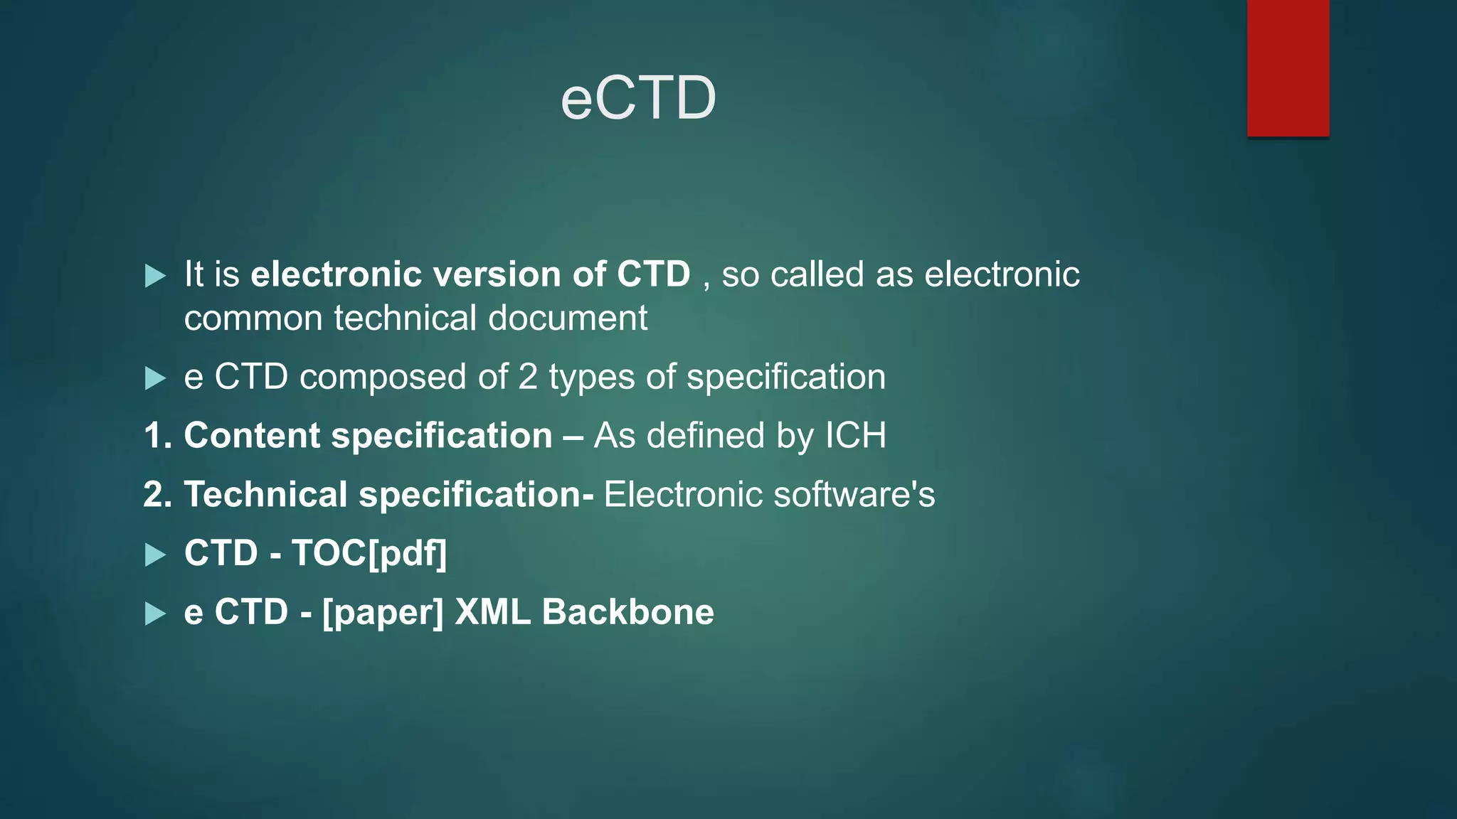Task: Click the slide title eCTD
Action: [x=638, y=98]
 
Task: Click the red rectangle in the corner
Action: [x=1288, y=68]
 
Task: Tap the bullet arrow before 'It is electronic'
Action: [x=155, y=276]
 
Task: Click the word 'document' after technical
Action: [x=568, y=318]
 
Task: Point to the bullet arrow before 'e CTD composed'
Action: [x=155, y=378]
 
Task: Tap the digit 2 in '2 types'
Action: [x=527, y=377]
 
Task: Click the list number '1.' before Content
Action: [x=158, y=435]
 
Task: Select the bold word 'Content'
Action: [x=252, y=435]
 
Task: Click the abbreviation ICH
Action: [x=855, y=435]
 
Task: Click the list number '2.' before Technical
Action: [x=158, y=494]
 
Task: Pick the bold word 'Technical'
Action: [x=265, y=494]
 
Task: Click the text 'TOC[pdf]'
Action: [x=369, y=553]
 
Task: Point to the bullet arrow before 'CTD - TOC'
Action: [x=155, y=555]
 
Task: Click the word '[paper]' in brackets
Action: [x=383, y=612]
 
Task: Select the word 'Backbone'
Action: [x=627, y=612]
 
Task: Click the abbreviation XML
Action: [x=492, y=612]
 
